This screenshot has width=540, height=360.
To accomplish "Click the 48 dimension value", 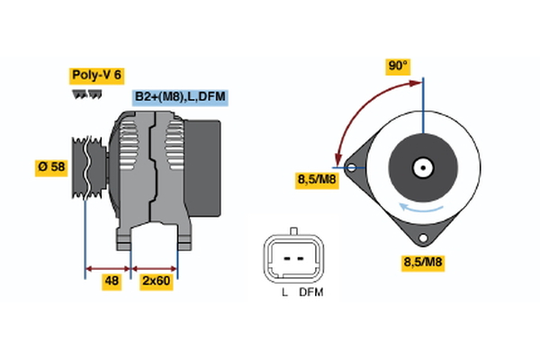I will pos(112,282).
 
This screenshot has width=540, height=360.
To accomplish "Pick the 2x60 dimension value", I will pos(156,282).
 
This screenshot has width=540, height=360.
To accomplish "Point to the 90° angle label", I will pos(397,66).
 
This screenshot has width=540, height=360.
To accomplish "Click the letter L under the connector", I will pos(283,292).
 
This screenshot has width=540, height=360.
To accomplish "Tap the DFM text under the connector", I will pos(310,292).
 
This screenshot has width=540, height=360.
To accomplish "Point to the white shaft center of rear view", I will pos(421,166).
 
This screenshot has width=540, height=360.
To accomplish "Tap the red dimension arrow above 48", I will pos(108,267).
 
